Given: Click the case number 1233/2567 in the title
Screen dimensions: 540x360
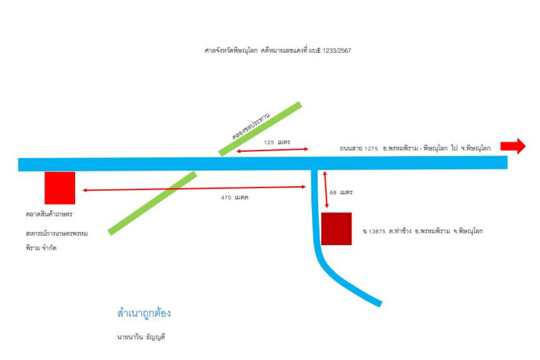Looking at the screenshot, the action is click(x=337, y=51).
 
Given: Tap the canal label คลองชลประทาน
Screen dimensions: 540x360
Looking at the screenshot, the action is click(x=251, y=126).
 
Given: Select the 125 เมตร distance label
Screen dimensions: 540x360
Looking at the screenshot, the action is click(x=277, y=142).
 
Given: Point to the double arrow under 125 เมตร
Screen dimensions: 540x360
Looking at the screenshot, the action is click(x=272, y=150).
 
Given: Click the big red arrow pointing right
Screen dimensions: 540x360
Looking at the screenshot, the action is click(x=513, y=146).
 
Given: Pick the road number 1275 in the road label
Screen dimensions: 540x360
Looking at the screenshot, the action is click(x=371, y=148).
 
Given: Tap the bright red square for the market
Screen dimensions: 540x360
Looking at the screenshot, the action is click(x=60, y=188).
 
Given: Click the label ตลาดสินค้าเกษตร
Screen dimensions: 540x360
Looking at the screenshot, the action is click(x=49, y=214).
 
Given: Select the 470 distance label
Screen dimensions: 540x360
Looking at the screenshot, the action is click(x=234, y=198).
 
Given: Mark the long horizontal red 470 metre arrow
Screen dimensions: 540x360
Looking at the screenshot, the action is click(x=194, y=189).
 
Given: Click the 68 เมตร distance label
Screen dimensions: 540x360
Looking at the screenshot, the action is click(x=341, y=193).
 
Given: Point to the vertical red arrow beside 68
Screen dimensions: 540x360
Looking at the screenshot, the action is click(x=326, y=189).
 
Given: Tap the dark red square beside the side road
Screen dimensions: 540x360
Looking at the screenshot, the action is click(x=336, y=229).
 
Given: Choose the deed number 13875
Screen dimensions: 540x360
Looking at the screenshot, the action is click(x=377, y=231).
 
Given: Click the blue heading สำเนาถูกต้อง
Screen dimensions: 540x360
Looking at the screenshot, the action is click(x=144, y=314).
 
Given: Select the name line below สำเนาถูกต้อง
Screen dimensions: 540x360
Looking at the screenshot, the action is click(x=141, y=337).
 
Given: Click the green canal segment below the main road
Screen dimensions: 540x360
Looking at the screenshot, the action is click(x=153, y=203).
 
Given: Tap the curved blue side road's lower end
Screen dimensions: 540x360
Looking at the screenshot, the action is click(x=380, y=304).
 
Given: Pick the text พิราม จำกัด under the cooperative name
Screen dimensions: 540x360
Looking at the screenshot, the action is click(x=41, y=248).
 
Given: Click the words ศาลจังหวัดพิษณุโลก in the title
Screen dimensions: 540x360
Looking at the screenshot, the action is click(x=231, y=51).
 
